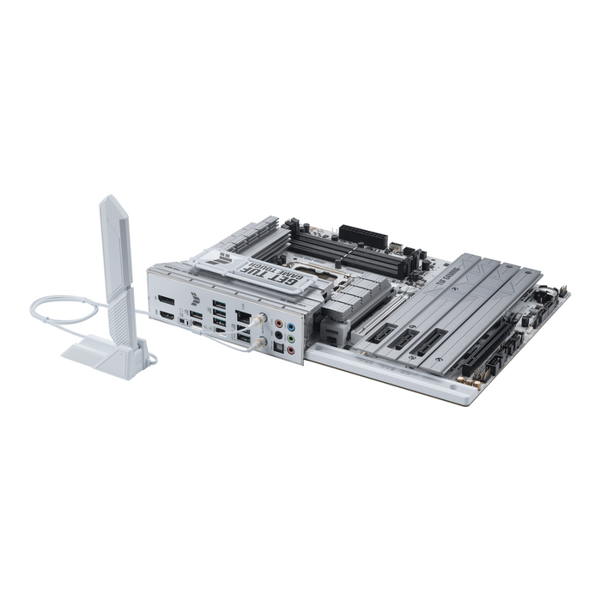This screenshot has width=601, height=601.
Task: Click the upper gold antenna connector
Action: click(x=261, y=319)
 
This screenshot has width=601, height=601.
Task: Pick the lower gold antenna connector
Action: click(x=260, y=341)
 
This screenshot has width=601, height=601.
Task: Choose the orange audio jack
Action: click(x=278, y=324)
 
